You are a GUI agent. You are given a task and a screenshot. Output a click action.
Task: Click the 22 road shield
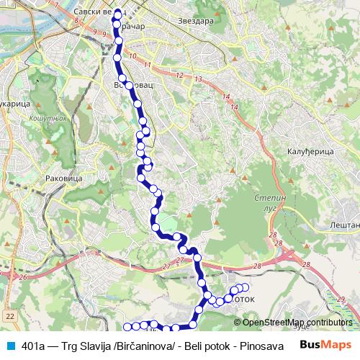coord(9,316)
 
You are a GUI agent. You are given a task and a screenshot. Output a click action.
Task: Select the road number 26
coord(23,277)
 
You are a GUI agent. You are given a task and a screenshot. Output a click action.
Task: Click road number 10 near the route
coord(132,55)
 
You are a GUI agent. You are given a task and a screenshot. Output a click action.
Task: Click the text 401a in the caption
coord(33,346)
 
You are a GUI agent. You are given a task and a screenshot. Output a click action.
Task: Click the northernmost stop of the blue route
coord(118,14)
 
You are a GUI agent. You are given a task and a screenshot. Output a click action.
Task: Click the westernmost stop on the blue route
coord(126,328)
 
